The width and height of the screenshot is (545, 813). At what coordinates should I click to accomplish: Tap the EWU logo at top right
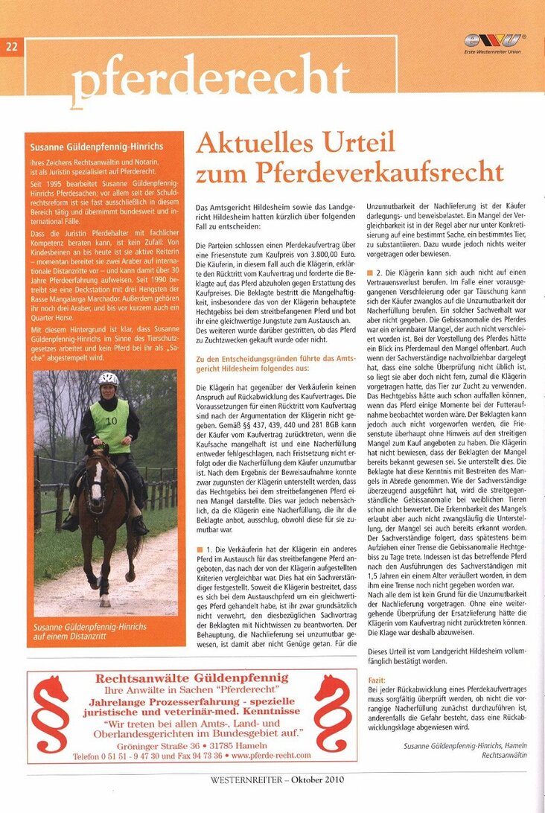click(494, 41)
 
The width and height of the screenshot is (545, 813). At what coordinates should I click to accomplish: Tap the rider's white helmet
click(109, 379)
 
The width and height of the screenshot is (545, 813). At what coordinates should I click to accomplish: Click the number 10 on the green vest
click(111, 421)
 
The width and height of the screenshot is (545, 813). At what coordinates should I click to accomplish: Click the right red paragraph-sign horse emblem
click(333, 715)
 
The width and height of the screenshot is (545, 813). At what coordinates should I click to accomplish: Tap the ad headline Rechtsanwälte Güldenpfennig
click(192, 678)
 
